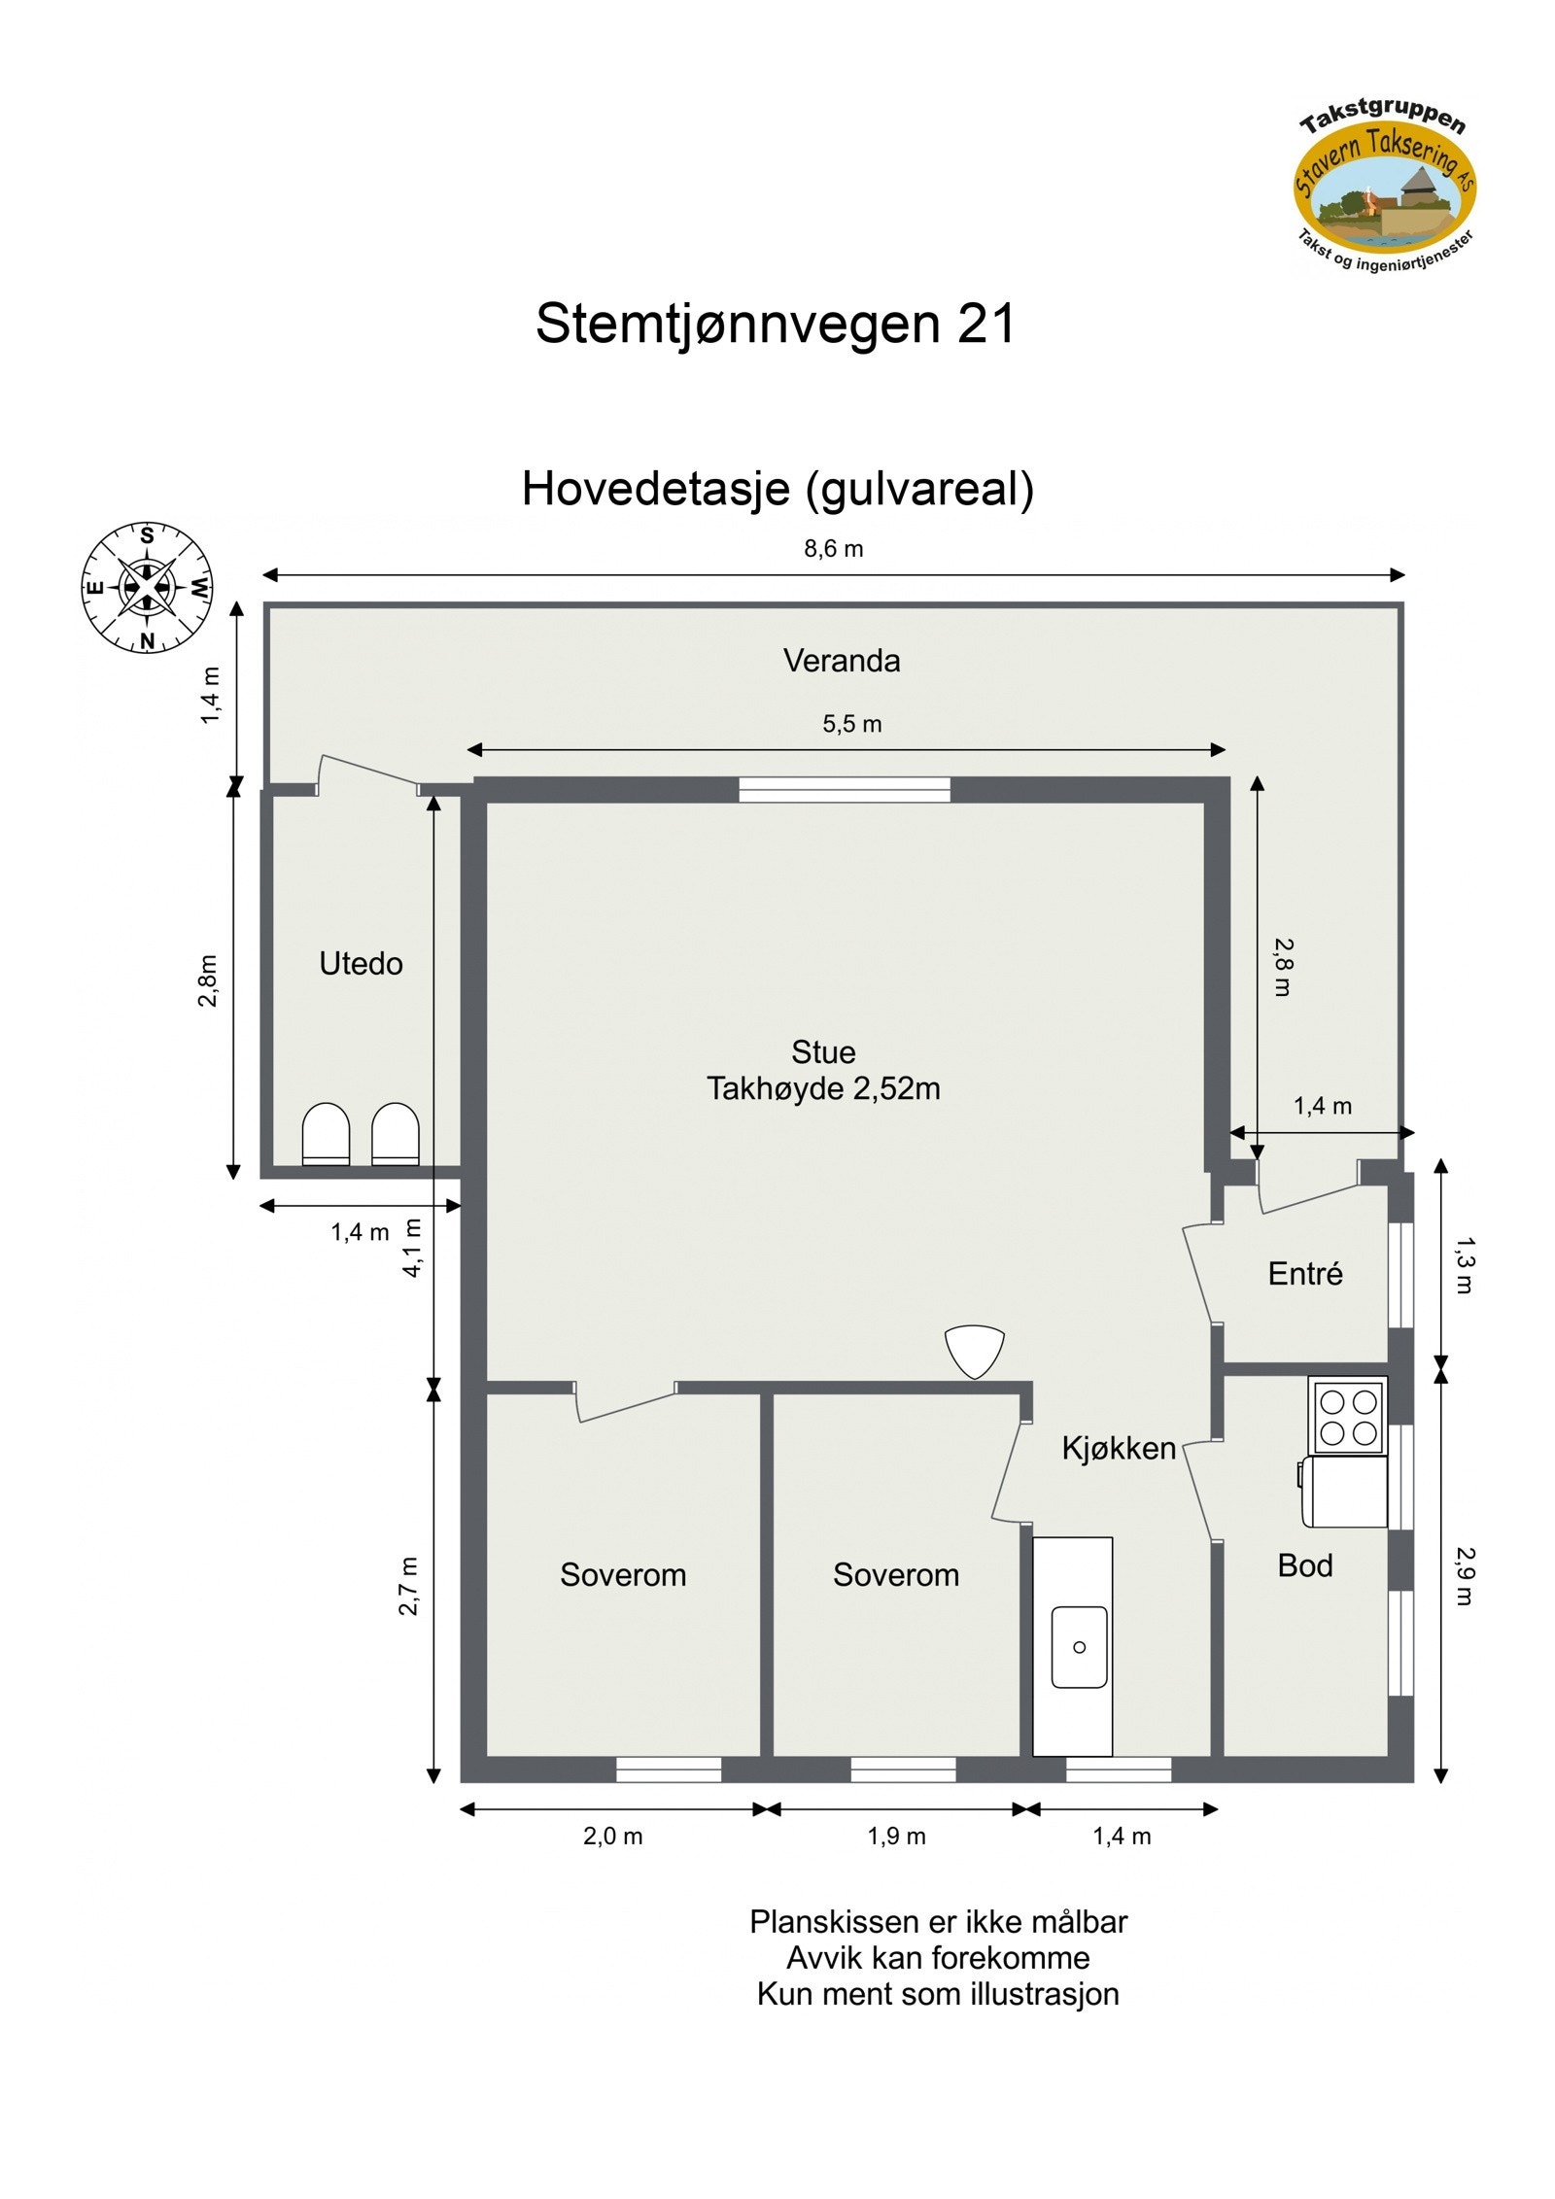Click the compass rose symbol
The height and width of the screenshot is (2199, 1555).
147,587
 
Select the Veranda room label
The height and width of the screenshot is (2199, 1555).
842,661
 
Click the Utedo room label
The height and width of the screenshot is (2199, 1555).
361,963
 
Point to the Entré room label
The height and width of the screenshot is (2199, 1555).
1304,1274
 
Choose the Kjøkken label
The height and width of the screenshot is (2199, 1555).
1119,1449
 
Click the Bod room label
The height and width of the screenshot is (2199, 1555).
1304,1565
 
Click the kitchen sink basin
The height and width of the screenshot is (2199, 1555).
1079,1647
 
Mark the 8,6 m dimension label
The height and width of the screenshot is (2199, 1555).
833,549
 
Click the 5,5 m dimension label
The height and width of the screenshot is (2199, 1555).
852,724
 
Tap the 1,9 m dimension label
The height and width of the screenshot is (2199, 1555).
896,1837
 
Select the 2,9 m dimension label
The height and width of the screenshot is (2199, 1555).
1465,1576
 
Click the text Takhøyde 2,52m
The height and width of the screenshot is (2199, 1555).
823,1089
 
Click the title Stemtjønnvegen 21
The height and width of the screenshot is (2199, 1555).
775,324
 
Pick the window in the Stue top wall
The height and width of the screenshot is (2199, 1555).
844,789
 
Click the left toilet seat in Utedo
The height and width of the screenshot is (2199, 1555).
326,1133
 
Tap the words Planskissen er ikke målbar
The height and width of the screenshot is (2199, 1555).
938,1922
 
